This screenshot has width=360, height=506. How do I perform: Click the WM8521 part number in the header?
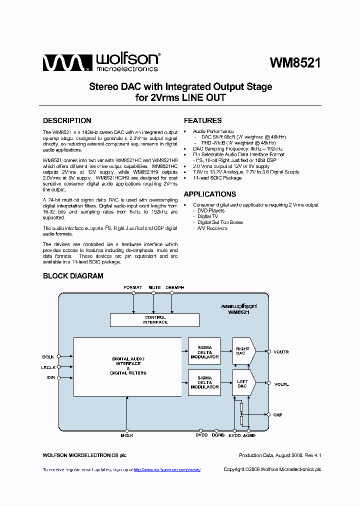(295, 63)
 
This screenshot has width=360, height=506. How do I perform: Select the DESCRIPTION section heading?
(67, 120)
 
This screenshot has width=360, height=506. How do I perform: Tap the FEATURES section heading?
(202, 120)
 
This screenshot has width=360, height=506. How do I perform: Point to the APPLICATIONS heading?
(209, 194)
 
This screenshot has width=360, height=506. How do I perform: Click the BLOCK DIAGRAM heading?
(73, 275)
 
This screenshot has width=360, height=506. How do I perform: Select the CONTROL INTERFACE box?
(155, 320)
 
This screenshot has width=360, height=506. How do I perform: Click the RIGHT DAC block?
(243, 351)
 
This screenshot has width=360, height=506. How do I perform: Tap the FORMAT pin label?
(133, 287)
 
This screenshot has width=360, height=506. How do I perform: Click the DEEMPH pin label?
(174, 287)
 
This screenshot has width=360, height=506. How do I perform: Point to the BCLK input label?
(48, 356)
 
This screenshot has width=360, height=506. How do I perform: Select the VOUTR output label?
(281, 352)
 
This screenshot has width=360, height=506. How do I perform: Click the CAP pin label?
(277, 414)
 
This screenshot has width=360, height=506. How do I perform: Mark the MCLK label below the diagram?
(126, 435)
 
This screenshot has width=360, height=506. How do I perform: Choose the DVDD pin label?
(201, 435)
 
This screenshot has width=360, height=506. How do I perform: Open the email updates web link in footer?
(167, 469)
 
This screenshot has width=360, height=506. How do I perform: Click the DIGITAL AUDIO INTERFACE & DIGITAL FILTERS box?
(128, 366)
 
